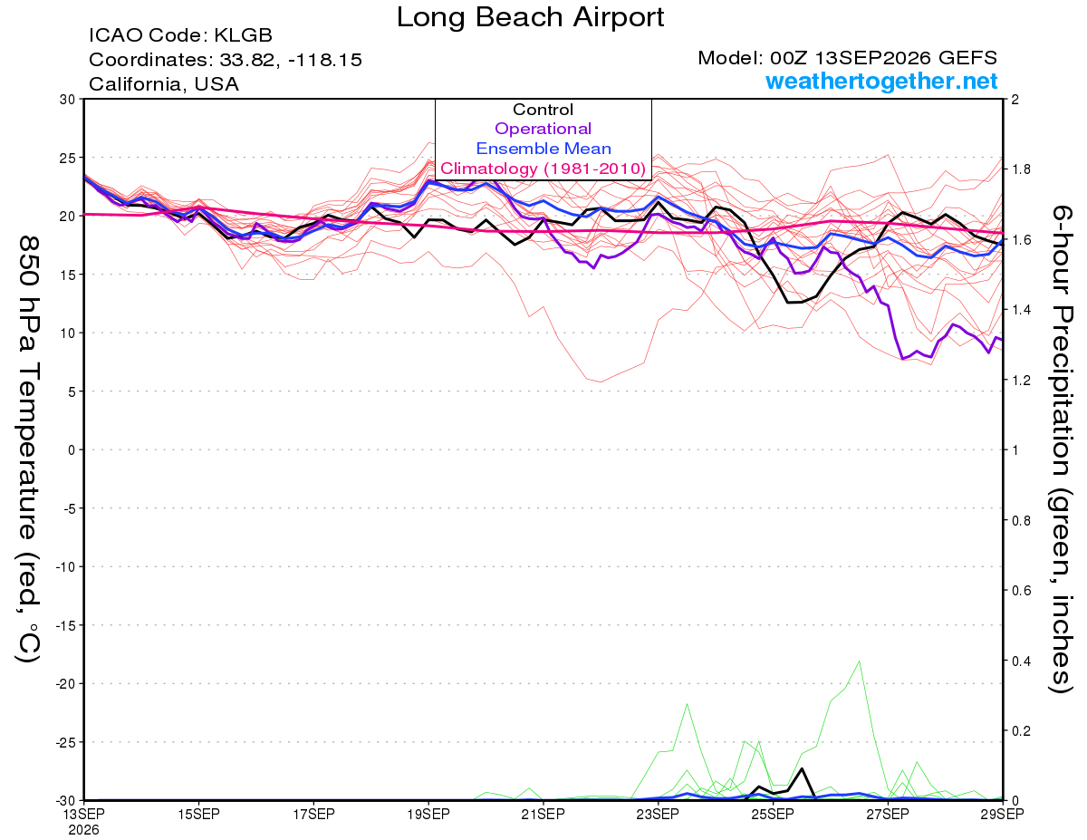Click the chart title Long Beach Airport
[x=530, y=17]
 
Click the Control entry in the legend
[x=543, y=110]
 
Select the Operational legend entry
[x=543, y=129]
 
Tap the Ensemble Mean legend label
[x=543, y=149]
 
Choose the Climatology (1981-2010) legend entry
[x=543, y=169]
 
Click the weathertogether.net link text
[x=881, y=81]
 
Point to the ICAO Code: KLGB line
[x=180, y=35]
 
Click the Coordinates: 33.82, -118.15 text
[x=226, y=60]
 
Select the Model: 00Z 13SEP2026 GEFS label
[x=847, y=58]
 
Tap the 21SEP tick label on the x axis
[x=543, y=814]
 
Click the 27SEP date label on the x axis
[x=888, y=814]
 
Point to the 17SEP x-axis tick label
[x=313, y=814]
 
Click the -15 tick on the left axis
[x=65, y=625]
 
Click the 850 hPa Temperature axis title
[x=29, y=449]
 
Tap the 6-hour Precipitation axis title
[x=1061, y=449]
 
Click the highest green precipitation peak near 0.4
[x=859, y=661]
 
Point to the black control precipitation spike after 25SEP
[x=802, y=768]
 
